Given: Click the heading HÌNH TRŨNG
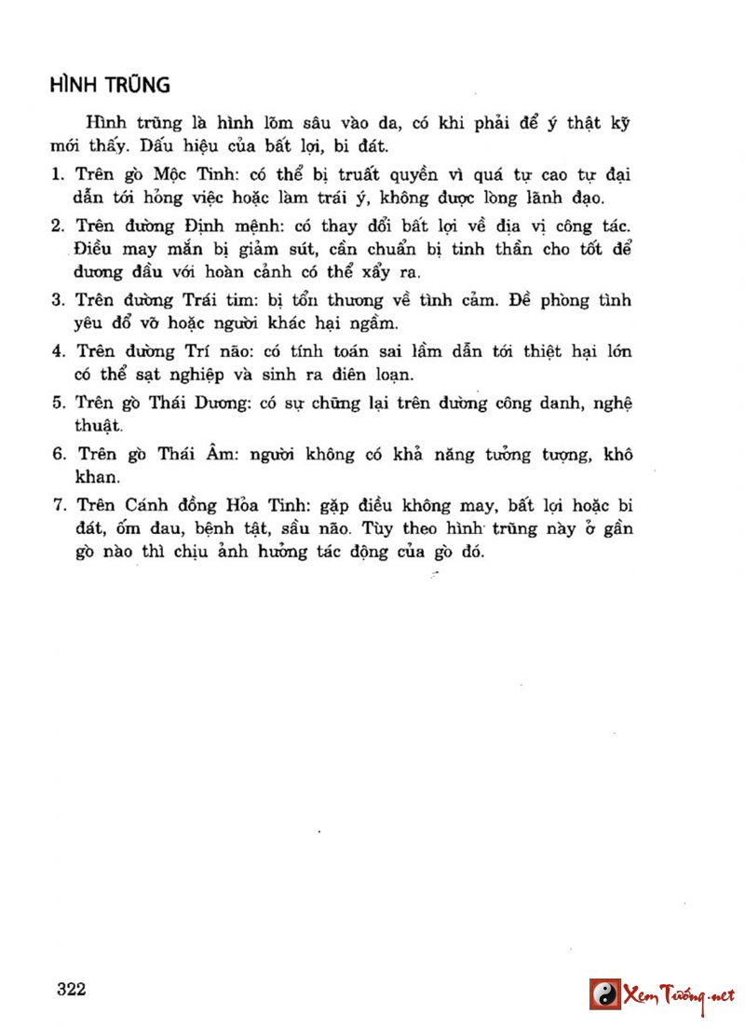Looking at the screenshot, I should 110,85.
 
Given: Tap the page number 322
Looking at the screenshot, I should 71,989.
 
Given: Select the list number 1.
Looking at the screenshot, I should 56,174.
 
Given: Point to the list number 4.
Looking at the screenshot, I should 56,351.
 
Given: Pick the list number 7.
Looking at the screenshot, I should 56,506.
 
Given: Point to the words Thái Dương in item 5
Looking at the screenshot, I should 202,403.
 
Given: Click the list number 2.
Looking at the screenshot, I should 56,226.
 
